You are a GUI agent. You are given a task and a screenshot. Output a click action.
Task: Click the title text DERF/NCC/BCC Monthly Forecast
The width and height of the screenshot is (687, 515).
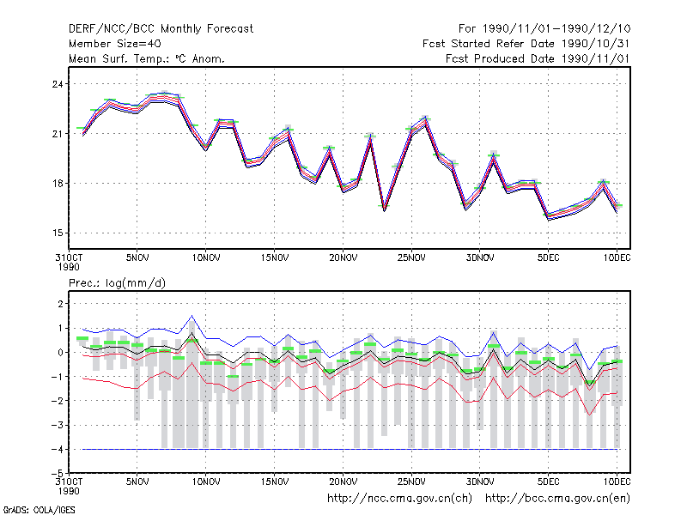(161, 29)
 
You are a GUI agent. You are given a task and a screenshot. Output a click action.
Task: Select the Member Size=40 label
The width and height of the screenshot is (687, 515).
(115, 44)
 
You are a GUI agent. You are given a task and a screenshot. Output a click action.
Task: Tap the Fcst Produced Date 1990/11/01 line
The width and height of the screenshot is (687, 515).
(538, 58)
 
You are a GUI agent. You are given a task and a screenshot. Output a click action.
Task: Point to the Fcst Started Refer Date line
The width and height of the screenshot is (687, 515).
(526, 44)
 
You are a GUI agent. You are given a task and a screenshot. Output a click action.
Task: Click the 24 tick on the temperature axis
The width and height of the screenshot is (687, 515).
(58, 84)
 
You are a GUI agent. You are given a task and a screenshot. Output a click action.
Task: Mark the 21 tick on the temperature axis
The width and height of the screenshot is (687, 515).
(58, 134)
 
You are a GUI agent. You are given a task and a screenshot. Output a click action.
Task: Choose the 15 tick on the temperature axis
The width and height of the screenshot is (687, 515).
(58, 233)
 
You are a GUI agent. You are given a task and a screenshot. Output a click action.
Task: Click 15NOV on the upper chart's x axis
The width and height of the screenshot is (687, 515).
(275, 258)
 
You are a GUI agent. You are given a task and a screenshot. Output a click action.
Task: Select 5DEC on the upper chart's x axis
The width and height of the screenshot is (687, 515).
(548, 258)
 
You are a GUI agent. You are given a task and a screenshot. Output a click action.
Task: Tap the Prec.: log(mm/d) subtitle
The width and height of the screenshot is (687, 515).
(117, 283)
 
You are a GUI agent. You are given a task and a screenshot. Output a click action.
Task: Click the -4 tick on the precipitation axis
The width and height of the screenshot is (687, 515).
(57, 449)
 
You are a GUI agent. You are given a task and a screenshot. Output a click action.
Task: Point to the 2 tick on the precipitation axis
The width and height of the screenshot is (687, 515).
(60, 304)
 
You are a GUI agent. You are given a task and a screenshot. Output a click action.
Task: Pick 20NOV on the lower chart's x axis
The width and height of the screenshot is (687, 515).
(343, 482)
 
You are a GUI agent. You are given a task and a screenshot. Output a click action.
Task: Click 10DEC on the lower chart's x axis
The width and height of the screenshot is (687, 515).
(617, 482)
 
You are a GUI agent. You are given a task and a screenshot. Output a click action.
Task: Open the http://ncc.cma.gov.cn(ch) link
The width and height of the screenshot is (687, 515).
(399, 499)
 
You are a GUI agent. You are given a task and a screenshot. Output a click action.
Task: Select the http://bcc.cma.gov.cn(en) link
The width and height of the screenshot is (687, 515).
(557, 499)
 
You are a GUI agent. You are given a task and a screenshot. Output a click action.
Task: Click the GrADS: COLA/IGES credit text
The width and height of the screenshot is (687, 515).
(39, 510)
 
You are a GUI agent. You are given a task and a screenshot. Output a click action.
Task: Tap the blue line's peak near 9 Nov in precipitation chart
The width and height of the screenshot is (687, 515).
(192, 315)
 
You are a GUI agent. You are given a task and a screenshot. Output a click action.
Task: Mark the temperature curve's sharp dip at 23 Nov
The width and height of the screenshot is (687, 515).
(384, 210)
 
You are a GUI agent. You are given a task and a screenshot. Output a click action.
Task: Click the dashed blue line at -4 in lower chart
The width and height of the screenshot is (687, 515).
(350, 449)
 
